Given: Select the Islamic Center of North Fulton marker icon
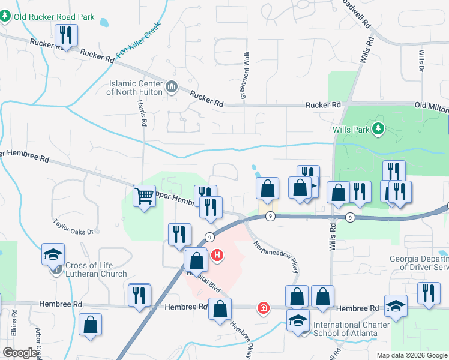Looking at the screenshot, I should pyautogui.click(x=172, y=88).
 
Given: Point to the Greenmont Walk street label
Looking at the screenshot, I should pyautogui.click(x=246, y=76).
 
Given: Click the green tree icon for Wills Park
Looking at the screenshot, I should pyautogui.click(x=378, y=128).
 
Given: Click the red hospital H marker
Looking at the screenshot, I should pyautogui.click(x=217, y=256).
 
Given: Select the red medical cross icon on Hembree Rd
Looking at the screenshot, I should pyautogui.click(x=263, y=308).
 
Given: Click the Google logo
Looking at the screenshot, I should pyautogui.click(x=20, y=352).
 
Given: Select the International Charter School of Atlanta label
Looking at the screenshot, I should pyautogui.click(x=352, y=329).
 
